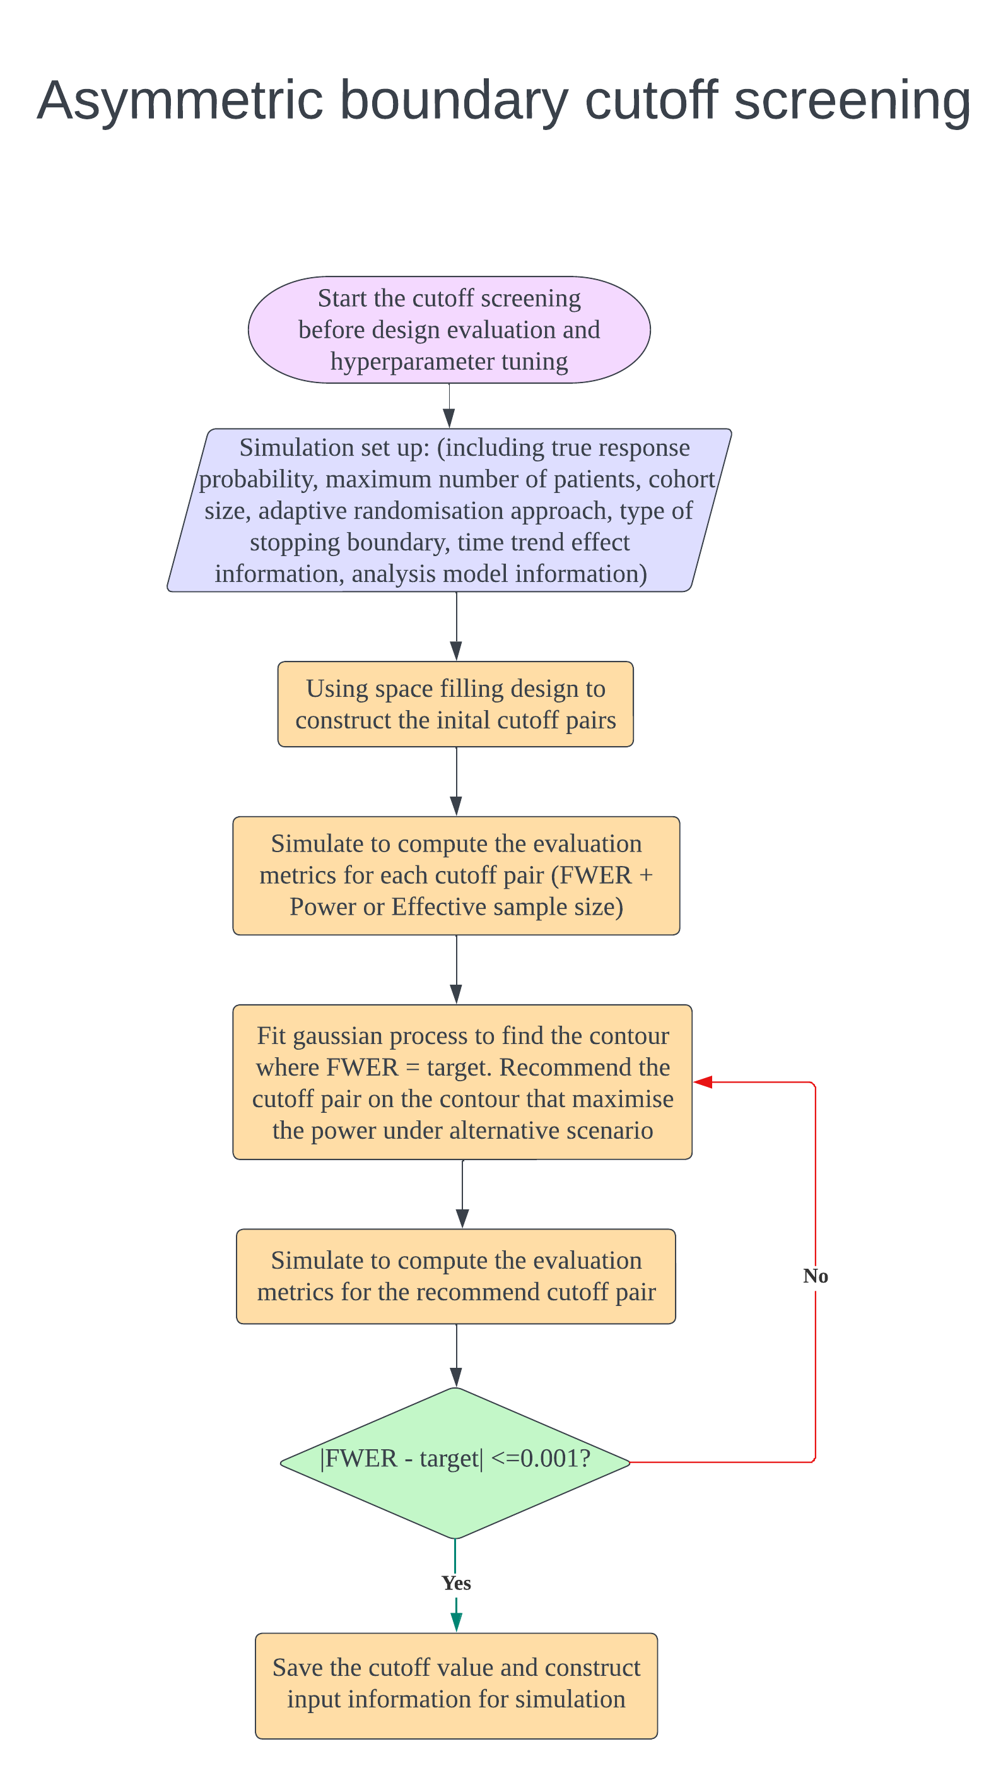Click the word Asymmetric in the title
[x=179, y=101]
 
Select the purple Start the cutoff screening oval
[x=448, y=329]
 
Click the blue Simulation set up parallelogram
[x=448, y=511]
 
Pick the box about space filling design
[x=455, y=704]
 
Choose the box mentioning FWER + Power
[x=455, y=875]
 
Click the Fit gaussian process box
[x=462, y=1082]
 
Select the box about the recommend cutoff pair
[x=455, y=1276]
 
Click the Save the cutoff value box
[x=455, y=1685]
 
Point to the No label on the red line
[x=816, y=1276]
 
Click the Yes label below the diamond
[x=456, y=1582]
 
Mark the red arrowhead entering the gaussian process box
[x=703, y=1082]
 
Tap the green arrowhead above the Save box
[x=456, y=1622]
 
